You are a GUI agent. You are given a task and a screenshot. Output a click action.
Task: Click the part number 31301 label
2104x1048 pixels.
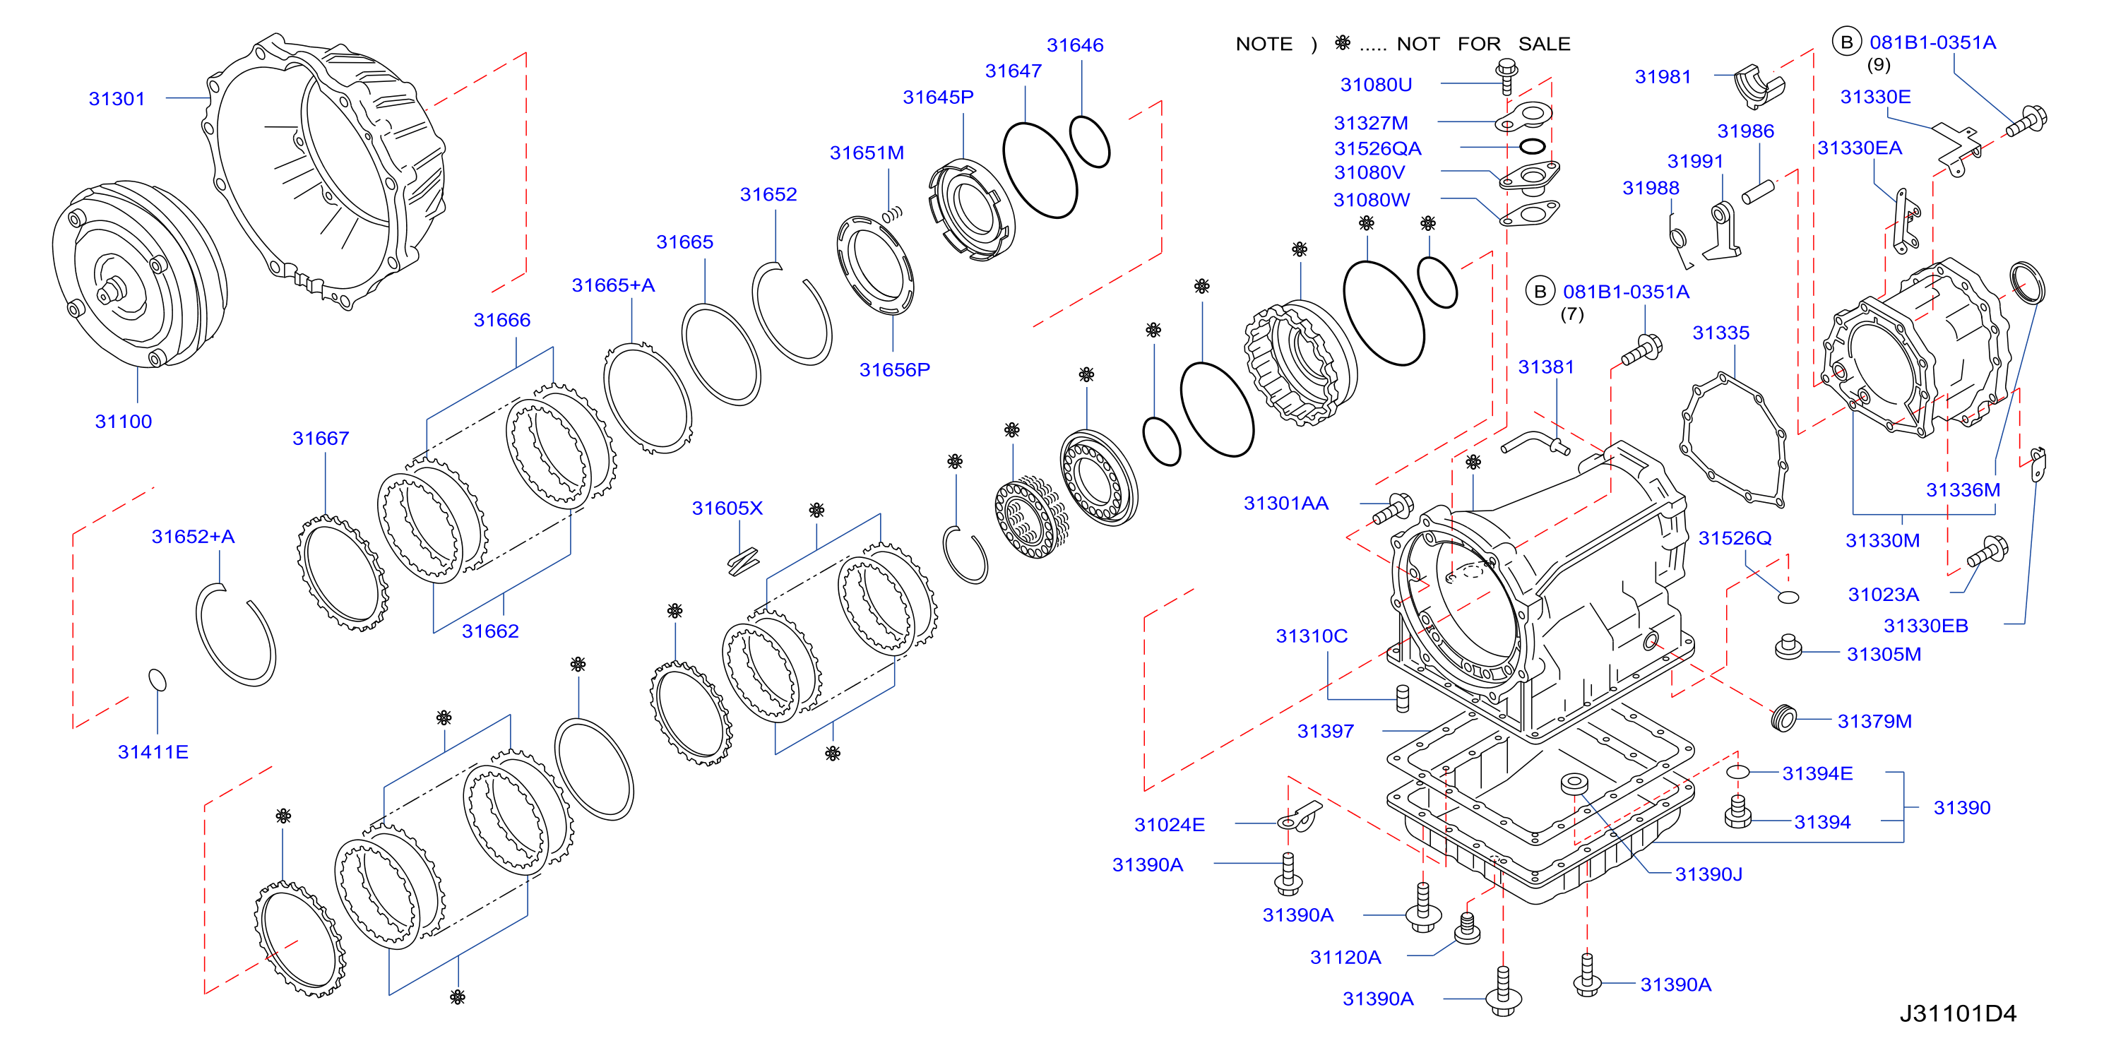pos(117,99)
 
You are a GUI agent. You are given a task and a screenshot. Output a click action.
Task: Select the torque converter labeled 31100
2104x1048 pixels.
pos(139,275)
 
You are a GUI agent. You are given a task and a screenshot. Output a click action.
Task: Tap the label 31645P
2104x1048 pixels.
pos(938,97)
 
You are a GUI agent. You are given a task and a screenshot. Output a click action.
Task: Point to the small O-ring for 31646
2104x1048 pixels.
pos(1090,141)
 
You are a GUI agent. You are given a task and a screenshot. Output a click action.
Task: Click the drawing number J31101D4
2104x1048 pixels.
pos(1957,1013)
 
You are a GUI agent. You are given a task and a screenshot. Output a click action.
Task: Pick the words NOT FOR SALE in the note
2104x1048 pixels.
pos(1483,44)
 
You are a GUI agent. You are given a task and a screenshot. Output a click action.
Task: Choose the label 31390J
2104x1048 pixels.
pos(1708,875)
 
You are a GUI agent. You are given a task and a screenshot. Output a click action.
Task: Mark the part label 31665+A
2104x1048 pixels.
pos(612,285)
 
